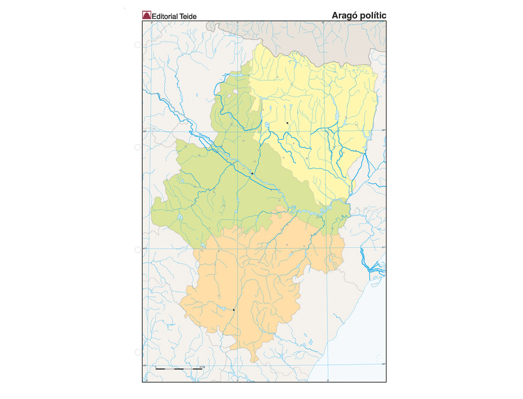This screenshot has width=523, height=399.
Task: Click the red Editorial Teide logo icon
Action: coord(146,16)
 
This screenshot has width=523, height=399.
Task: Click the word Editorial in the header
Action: coord(165,16)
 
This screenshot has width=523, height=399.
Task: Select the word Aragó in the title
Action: coord(344,15)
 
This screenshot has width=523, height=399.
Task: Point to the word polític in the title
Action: coord(373,15)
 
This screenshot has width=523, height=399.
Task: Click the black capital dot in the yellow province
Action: coord(287,123)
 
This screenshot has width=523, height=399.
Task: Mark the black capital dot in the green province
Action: coord(252,173)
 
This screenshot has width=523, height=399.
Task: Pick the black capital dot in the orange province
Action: coord(234,310)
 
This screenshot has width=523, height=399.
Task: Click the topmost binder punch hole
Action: coord(138,45)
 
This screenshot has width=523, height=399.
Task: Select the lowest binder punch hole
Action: coord(138,352)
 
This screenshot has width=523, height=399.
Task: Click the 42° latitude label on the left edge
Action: coord(146,131)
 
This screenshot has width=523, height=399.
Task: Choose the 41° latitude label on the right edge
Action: coord(383,248)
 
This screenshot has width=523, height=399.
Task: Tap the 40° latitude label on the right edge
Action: coord(383,364)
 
